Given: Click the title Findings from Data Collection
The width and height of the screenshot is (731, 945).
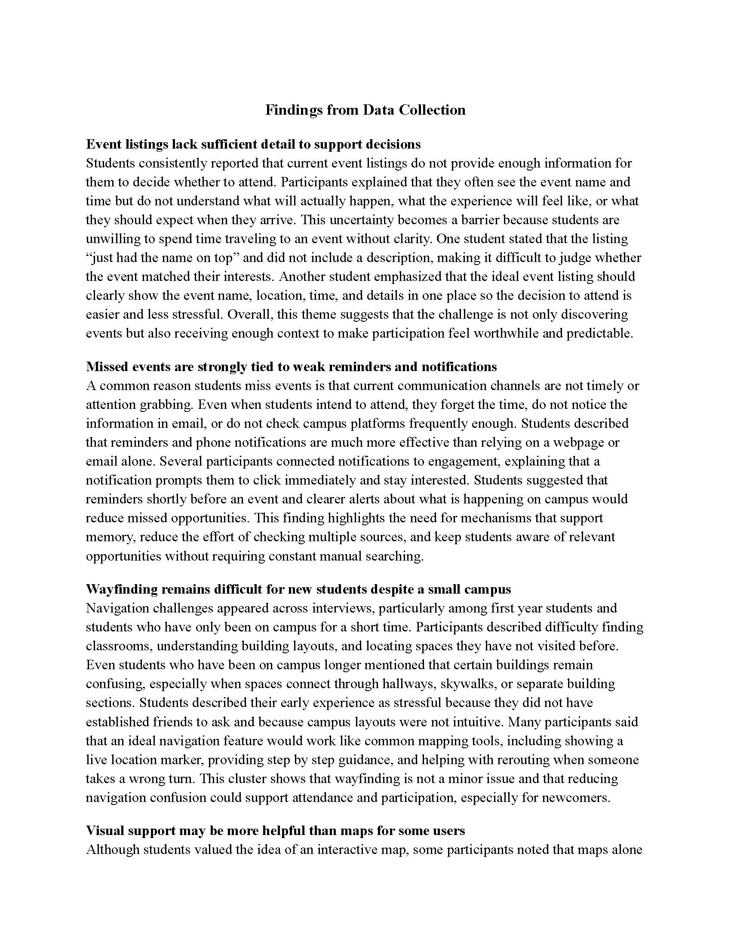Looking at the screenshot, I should pyautogui.click(x=365, y=110).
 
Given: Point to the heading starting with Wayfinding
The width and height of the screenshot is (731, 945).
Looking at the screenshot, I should pyautogui.click(x=298, y=589).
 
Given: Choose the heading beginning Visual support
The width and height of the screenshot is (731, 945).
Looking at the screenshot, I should pyautogui.click(x=276, y=830).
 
